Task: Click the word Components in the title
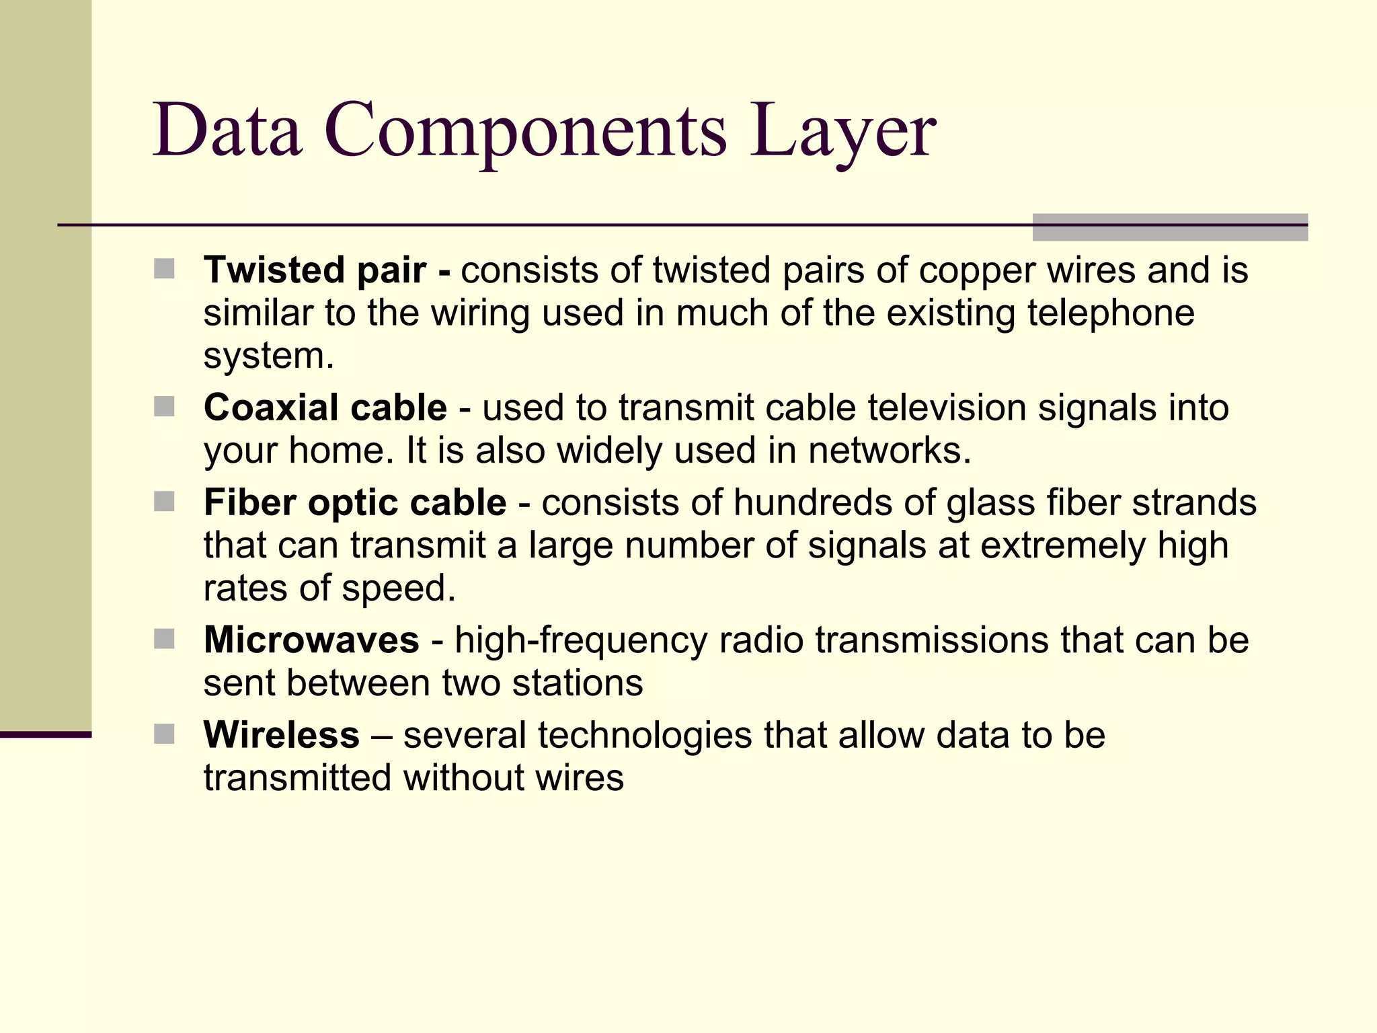[525, 131]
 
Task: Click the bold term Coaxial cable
[325, 408]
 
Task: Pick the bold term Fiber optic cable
[355, 503]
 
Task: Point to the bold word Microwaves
[311, 640]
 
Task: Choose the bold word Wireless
[282, 735]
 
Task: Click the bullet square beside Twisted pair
[164, 269]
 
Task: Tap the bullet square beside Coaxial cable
[164, 406]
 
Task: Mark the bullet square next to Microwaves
[164, 638]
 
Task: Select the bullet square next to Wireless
[164, 734]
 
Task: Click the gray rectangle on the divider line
[1170, 227]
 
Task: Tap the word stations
[577, 683]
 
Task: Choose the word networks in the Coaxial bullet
[889, 451]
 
